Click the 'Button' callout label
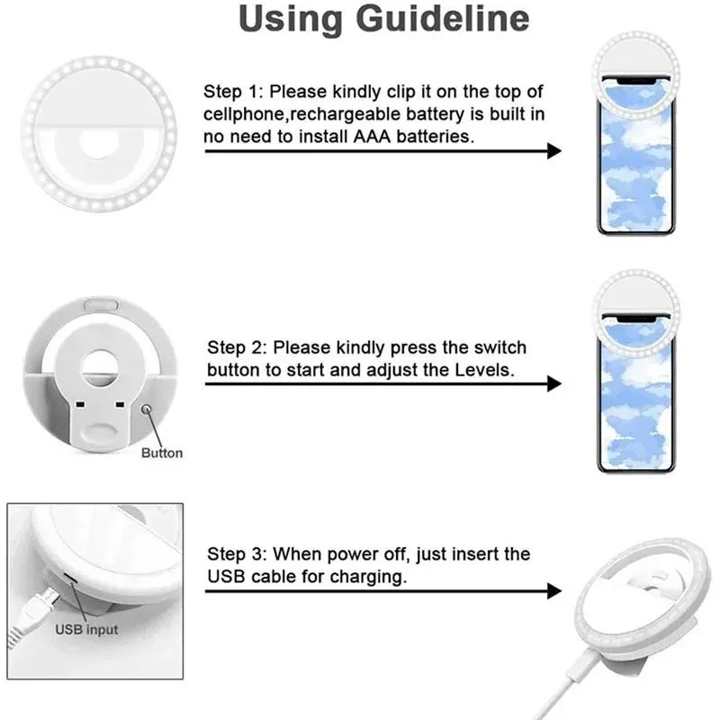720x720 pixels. [162, 453]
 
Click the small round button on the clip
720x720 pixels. [148, 410]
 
